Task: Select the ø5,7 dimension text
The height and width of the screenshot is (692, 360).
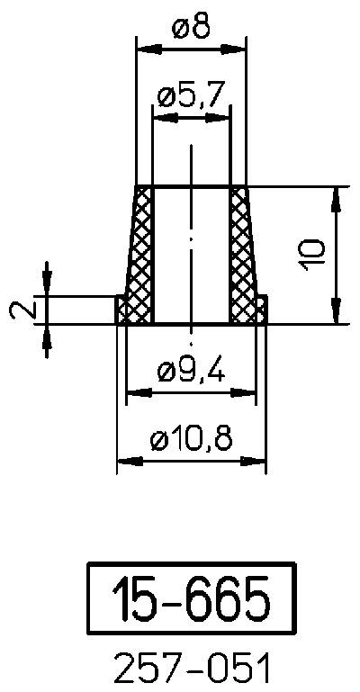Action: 190,96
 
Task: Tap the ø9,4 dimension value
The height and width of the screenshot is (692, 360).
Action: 190,369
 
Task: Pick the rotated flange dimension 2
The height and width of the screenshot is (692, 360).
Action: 24,310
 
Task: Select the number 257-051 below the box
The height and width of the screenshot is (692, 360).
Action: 191,670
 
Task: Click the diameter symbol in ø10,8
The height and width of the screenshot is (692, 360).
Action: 159,440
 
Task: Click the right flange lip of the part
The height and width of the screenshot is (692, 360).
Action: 261,310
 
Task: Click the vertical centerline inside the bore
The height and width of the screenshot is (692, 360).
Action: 191,243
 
